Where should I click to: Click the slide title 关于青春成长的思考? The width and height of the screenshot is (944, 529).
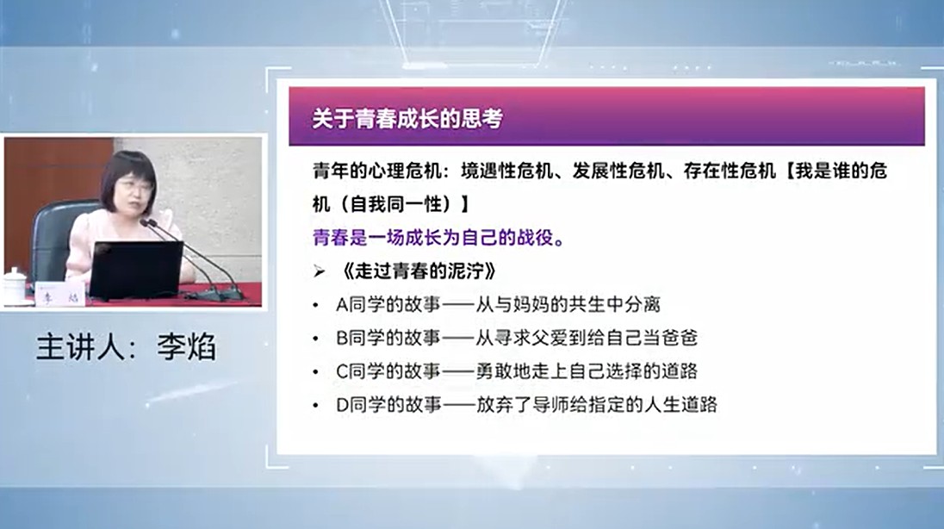407,118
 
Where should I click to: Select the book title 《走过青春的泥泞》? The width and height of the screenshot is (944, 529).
418,271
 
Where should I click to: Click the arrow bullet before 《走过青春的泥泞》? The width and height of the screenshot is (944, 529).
319,271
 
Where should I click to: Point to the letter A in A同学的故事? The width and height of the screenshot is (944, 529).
342,305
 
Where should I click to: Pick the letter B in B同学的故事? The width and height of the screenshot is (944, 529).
342,338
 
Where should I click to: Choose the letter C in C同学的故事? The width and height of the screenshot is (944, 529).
342,371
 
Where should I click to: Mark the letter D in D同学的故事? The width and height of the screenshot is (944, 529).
342,404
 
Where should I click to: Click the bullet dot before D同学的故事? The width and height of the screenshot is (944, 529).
315,405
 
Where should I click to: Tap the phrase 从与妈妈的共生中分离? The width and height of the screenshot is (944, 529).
568,305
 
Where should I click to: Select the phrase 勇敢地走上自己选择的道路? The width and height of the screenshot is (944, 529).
587,371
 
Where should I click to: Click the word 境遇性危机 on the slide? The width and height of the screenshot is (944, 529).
507,171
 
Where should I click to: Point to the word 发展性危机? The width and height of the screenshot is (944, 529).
618,171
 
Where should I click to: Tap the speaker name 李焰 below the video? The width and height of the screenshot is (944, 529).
186,347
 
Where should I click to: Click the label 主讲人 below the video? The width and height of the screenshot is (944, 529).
79,347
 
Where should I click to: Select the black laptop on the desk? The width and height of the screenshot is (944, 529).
136,270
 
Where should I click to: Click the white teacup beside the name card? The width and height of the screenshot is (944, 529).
15,286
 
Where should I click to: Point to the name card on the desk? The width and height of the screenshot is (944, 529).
60,294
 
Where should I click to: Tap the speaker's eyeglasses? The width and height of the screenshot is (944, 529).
134,185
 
